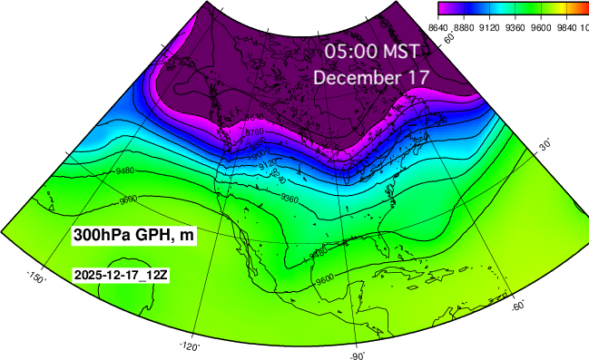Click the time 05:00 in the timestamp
point(350,51)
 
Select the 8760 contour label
point(255,132)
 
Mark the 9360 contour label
point(290,199)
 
